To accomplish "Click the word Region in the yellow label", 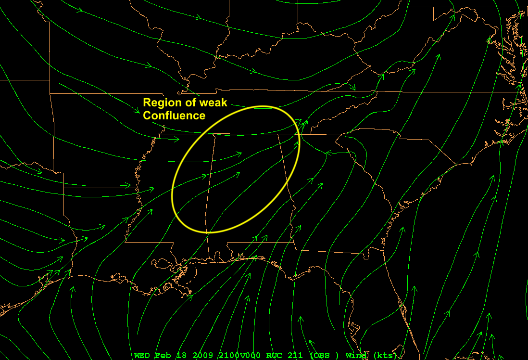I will coord(161,103).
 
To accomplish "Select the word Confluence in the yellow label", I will coord(174,116).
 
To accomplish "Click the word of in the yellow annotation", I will coord(188,103).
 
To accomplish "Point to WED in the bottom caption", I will coord(142,356).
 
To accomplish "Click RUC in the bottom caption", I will coord(274,356).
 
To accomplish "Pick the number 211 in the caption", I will coord(295,356).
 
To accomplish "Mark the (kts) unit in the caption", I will coord(385,356).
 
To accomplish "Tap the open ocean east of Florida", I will coord(462,289).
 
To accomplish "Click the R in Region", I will coord(147,103).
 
